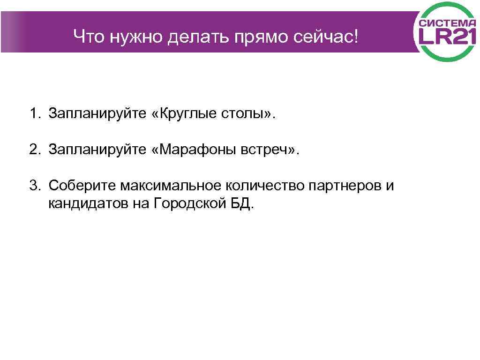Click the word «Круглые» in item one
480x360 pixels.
pyautogui.click(x=186, y=114)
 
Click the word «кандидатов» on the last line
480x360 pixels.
pyautogui.click(x=87, y=204)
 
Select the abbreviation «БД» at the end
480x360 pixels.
pyautogui.click(x=242, y=204)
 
